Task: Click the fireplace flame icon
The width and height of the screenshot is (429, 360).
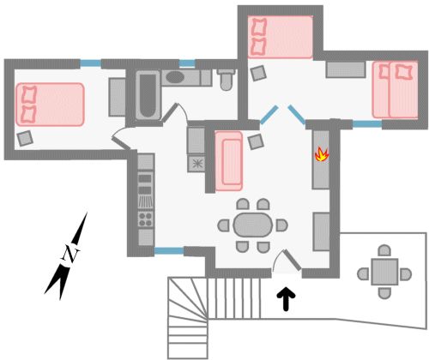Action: point(322,154)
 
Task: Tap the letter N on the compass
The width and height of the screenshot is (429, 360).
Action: point(70,255)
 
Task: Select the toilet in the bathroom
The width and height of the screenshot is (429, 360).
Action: point(227,79)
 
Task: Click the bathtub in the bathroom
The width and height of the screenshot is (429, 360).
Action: point(148,94)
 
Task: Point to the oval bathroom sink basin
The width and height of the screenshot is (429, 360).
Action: point(174,77)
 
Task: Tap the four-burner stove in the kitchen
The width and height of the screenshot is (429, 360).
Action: point(146,219)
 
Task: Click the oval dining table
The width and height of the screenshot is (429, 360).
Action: point(252,225)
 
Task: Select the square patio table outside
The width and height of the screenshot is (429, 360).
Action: point(384,272)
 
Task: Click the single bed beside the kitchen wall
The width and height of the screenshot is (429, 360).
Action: point(229,161)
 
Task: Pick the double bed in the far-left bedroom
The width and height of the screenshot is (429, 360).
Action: point(50,105)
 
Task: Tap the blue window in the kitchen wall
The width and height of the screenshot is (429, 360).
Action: point(169,251)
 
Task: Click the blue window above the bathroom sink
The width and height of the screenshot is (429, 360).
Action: point(187,63)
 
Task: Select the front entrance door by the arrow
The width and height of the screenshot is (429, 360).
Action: point(292,260)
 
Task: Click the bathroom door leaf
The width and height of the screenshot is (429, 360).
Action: point(170,112)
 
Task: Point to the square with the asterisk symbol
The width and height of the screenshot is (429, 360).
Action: point(196,164)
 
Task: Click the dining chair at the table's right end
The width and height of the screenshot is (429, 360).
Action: point(281,225)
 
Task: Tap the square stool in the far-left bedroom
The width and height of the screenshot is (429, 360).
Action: point(25,138)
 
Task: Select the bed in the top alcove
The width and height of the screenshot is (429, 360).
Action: point(281,36)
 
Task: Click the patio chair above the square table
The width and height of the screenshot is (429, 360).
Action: point(384,250)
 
